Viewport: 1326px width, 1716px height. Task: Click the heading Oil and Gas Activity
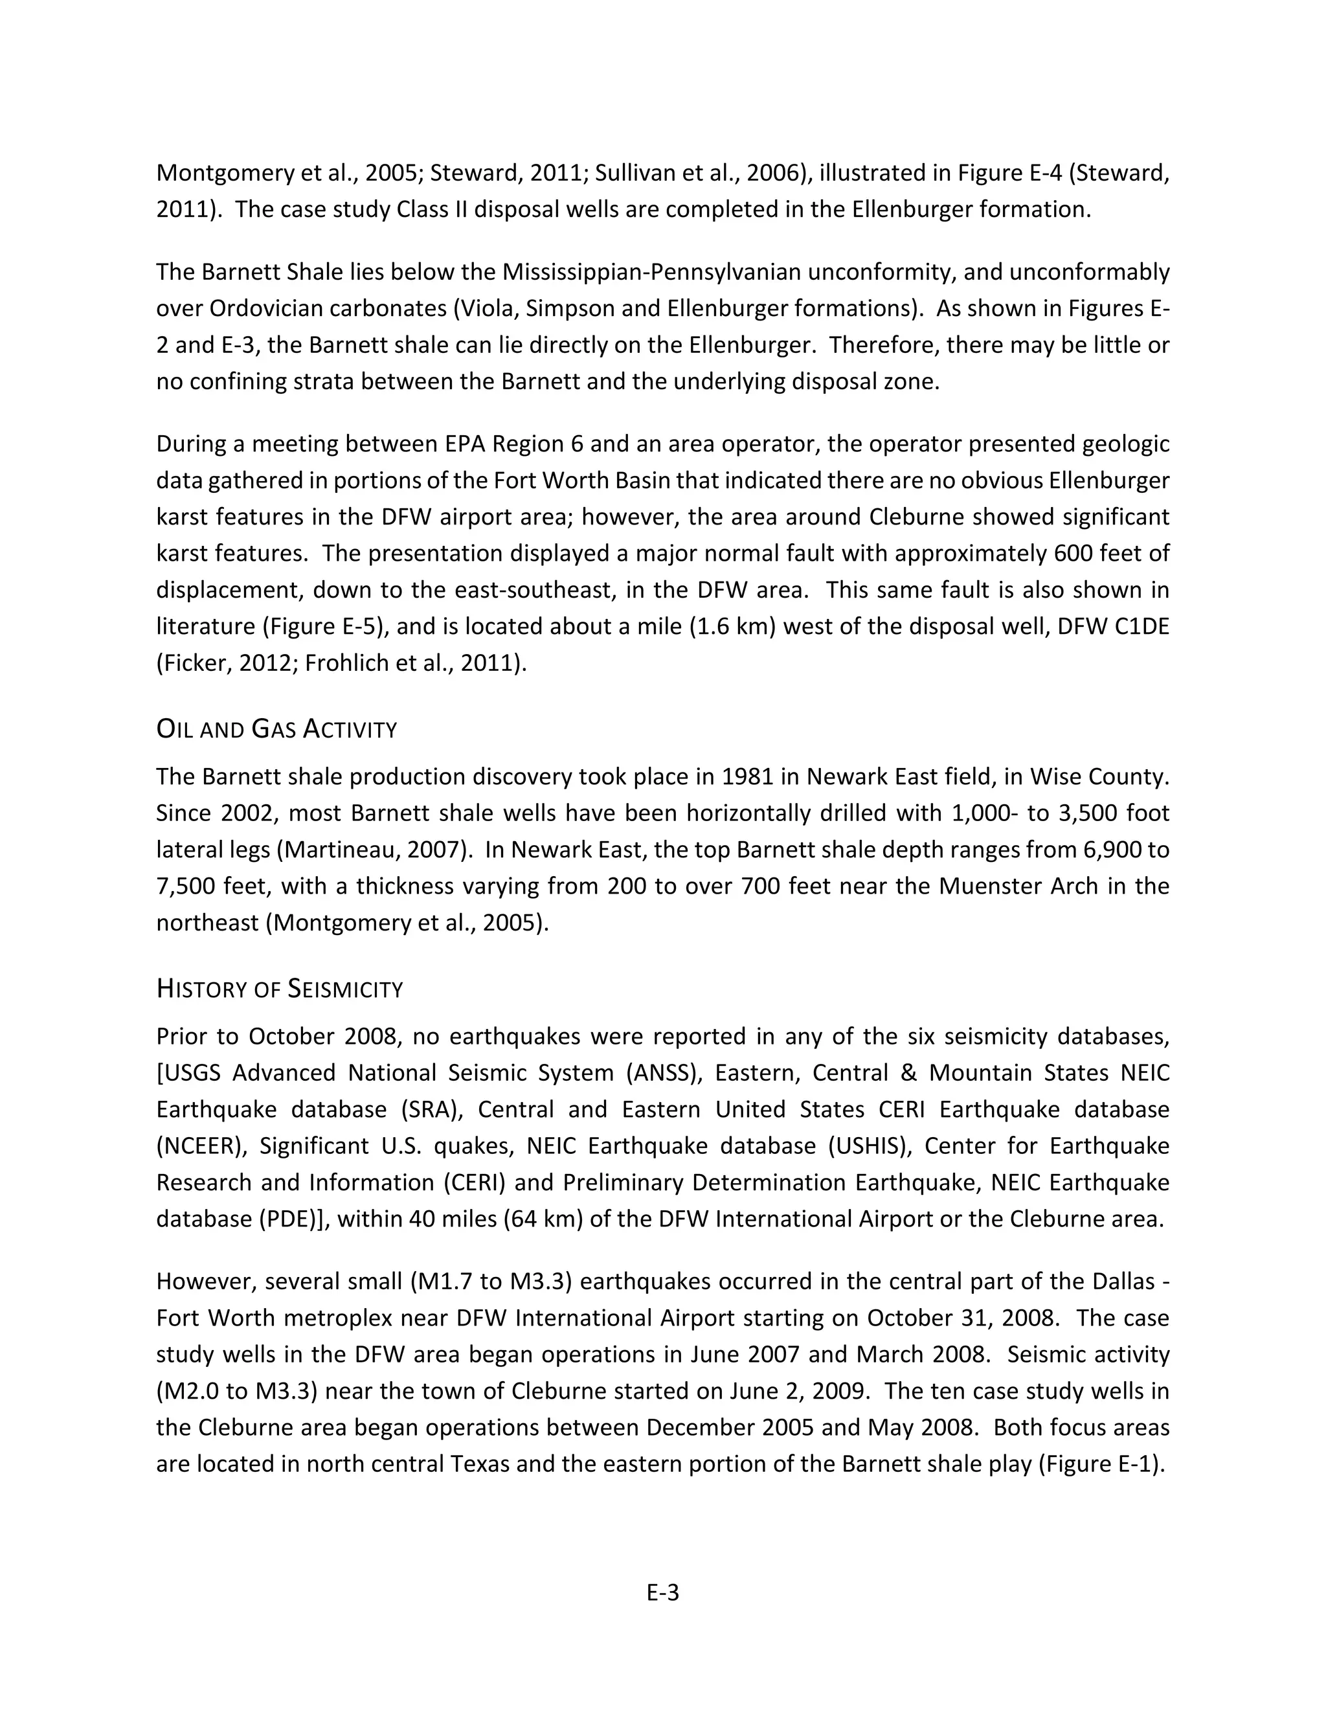click(276, 729)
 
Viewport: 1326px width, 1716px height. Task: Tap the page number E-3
click(662, 1593)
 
